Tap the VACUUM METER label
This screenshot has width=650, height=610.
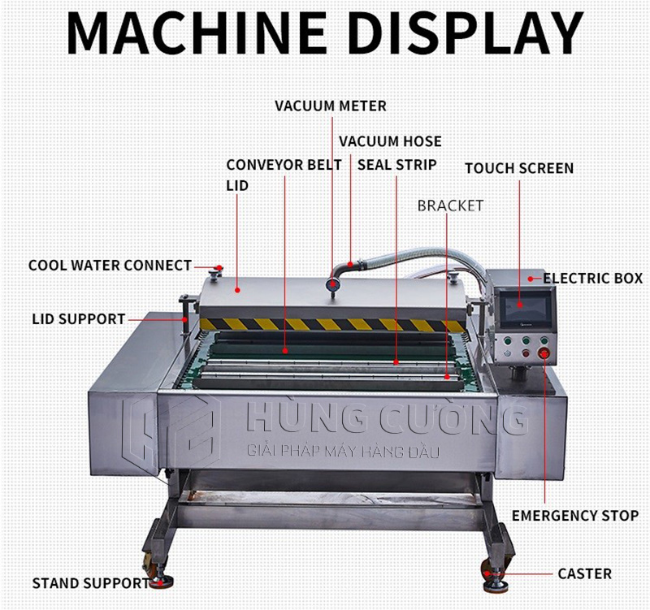point(330,106)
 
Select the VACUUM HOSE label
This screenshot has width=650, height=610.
point(390,141)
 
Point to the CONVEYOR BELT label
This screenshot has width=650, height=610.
point(284,165)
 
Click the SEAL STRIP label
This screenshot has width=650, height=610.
point(396,165)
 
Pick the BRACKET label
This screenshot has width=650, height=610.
point(450,205)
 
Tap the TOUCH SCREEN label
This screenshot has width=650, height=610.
point(518,169)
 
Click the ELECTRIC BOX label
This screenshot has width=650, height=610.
point(592,279)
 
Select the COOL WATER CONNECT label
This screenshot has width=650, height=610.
point(110,266)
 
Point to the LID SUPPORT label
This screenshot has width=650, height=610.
point(79,319)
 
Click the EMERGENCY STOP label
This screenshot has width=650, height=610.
point(574,516)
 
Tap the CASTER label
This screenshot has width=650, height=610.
point(584,574)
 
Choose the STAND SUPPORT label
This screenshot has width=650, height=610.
point(90,582)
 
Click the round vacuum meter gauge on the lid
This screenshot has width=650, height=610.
point(331,284)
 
